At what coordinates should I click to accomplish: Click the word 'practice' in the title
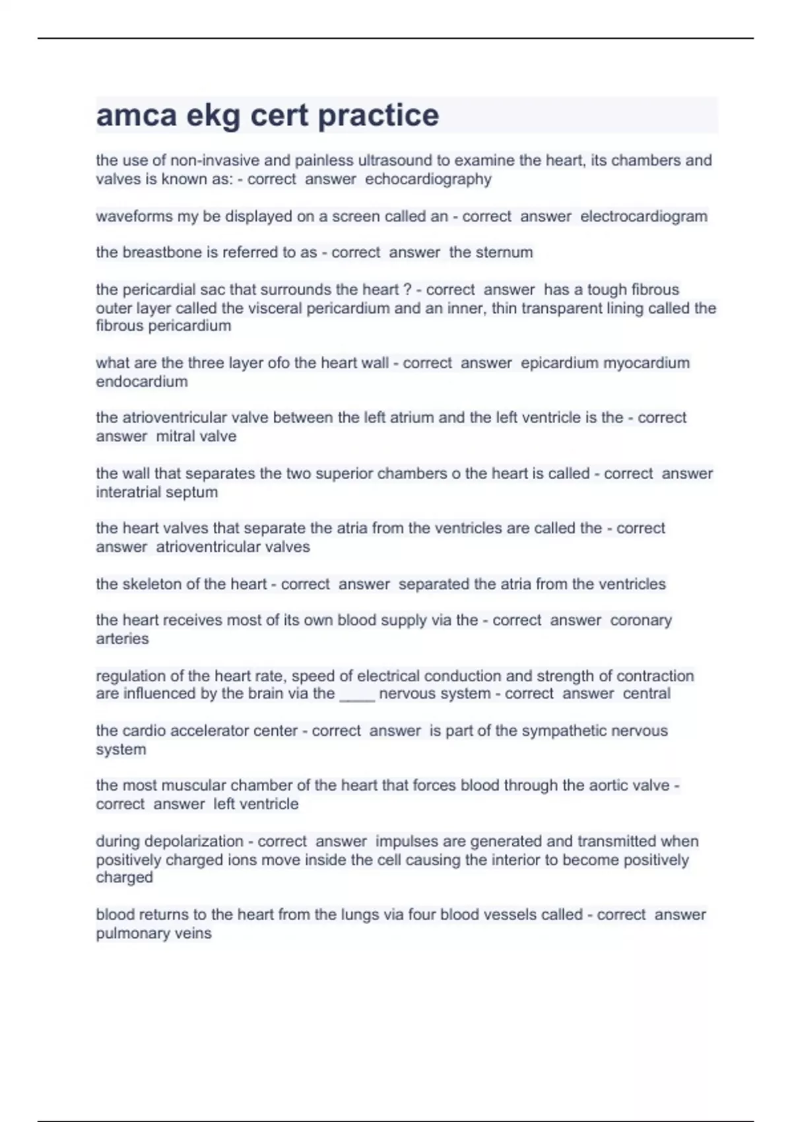378,116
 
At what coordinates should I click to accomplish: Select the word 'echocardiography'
428,180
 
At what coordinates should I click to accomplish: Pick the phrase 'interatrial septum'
156,492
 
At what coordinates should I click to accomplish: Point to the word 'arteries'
122,639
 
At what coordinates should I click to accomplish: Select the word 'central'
646,694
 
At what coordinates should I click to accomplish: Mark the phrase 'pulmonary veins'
154,934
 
